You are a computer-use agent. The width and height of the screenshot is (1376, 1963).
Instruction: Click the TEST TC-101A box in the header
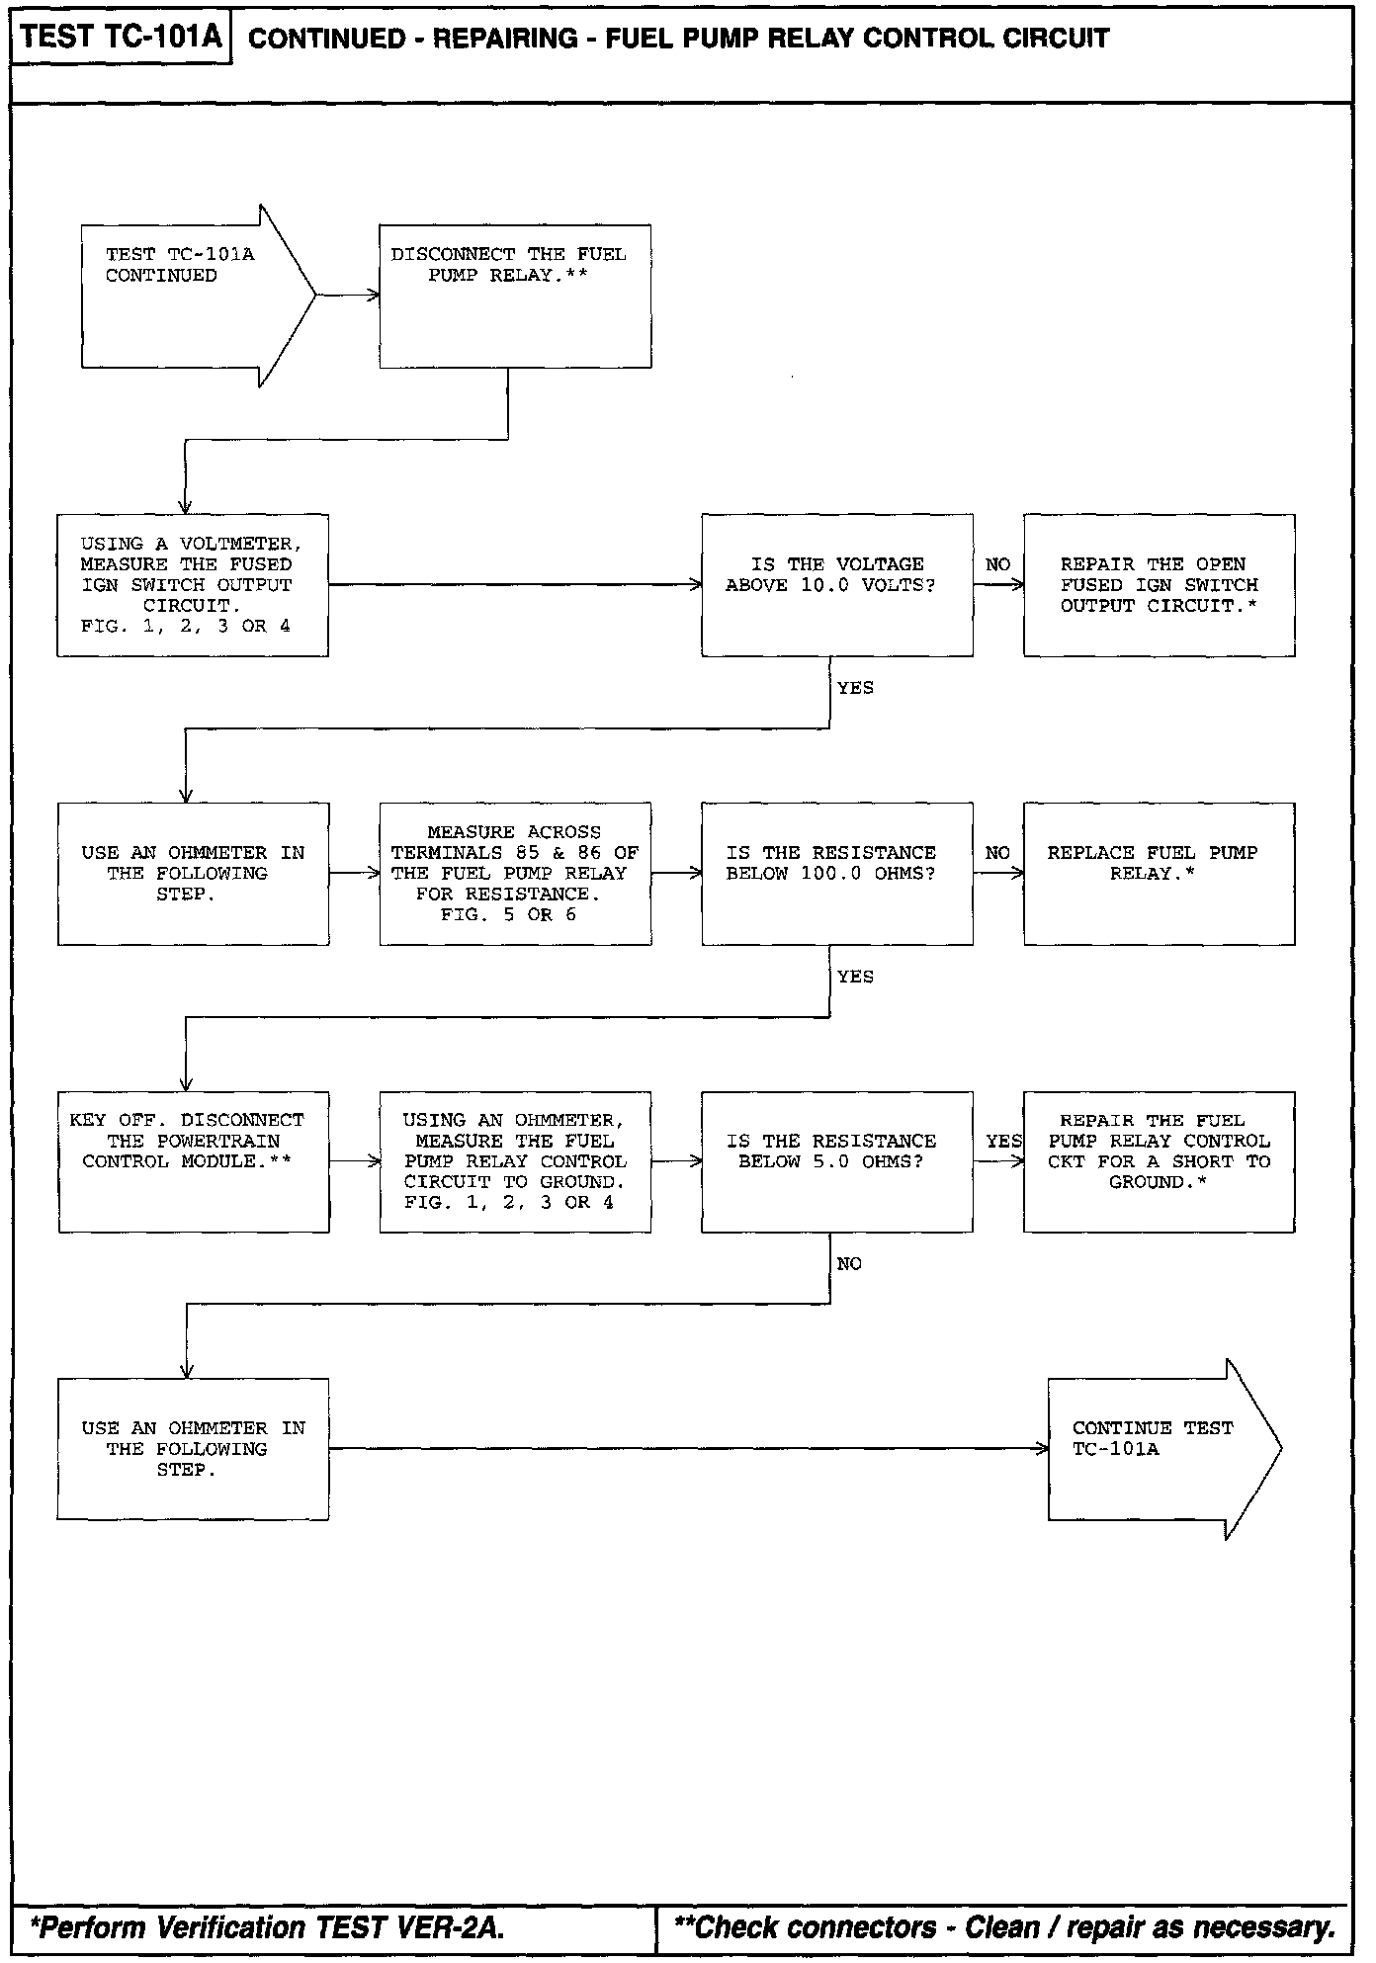coord(121,39)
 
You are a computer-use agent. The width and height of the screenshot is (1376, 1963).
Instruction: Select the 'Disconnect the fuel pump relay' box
coord(515,296)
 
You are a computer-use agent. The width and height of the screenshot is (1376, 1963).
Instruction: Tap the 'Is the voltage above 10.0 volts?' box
coord(836,584)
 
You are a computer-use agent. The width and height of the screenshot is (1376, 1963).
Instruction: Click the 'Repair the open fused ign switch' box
coord(1159,584)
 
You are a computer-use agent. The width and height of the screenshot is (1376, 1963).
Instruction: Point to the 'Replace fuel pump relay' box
coord(1159,873)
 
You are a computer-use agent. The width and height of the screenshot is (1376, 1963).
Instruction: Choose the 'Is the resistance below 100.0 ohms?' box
coord(836,873)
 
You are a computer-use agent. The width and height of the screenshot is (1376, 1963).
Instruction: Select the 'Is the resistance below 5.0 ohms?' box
coord(836,1161)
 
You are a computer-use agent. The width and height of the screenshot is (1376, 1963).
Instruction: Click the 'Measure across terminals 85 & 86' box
coord(515,873)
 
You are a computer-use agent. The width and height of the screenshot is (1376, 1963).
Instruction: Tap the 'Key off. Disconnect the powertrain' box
coord(193,1161)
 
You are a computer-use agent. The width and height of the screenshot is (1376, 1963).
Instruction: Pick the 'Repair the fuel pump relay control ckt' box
coord(1159,1161)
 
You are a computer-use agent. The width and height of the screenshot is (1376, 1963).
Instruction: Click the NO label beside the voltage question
coord(997,564)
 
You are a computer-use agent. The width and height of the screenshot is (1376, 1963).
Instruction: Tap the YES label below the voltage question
coord(855,688)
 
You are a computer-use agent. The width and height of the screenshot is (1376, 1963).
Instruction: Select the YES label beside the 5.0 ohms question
coord(1003,1142)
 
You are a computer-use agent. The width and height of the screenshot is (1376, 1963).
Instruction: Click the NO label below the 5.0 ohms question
coord(849,1264)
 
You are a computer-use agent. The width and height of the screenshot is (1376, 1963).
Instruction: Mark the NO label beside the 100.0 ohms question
coord(997,853)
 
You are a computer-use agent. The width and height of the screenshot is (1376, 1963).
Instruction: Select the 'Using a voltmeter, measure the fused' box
coord(193,584)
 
